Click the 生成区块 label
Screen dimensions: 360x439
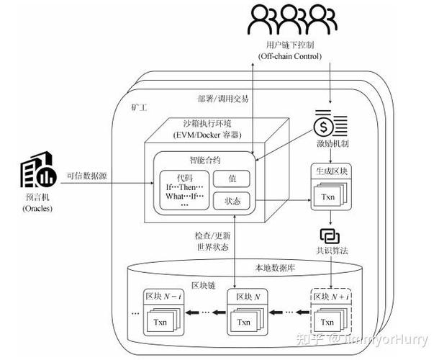click(x=330, y=172)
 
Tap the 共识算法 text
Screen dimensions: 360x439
click(x=331, y=251)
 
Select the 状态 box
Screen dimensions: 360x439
click(x=232, y=200)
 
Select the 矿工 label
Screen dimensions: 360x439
click(x=139, y=108)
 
